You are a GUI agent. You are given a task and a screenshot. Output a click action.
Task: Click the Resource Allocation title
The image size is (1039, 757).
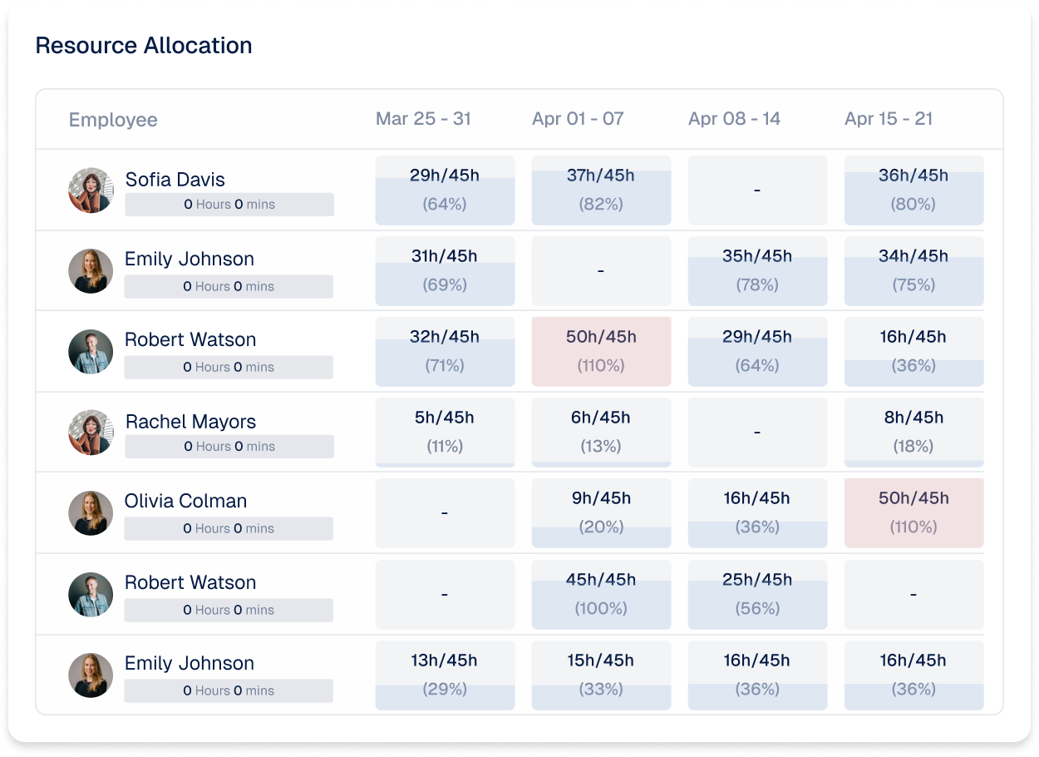point(144,46)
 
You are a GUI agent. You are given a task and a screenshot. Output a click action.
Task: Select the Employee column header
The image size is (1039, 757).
point(113,120)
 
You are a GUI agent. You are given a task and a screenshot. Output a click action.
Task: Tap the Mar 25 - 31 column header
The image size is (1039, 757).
point(423,119)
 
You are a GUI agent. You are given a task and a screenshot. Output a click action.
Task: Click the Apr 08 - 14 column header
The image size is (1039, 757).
point(734,119)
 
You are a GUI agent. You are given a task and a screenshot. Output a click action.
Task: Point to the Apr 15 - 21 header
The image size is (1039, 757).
point(888,119)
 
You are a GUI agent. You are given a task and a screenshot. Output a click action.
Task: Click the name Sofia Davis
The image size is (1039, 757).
point(175,180)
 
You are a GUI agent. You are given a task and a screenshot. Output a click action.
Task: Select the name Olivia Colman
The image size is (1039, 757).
point(185,501)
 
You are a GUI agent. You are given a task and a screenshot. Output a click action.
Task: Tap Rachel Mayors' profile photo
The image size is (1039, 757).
point(91,433)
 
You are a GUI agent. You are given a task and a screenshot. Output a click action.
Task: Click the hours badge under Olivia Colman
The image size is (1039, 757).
point(229,528)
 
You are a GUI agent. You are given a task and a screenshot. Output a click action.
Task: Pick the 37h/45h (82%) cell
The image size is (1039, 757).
point(601,190)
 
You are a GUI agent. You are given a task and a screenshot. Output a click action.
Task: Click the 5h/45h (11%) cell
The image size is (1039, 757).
point(445,433)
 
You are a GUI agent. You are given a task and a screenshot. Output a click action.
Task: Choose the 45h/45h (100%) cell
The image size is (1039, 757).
point(601,594)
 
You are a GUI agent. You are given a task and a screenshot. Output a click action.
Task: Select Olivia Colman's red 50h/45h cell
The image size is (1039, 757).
point(913,512)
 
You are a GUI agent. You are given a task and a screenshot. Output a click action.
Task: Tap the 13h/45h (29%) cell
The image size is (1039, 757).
point(445,675)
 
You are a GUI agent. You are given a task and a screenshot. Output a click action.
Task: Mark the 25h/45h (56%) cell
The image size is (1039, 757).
point(757,594)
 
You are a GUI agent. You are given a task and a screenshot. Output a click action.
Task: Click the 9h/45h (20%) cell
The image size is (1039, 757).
point(601,512)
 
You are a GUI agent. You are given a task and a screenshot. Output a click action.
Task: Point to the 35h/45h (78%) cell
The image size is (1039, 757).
point(757,270)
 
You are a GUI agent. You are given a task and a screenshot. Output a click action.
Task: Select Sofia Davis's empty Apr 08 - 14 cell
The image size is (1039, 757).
point(757,190)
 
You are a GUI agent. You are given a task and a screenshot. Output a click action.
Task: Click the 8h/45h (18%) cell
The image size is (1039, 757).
point(913,433)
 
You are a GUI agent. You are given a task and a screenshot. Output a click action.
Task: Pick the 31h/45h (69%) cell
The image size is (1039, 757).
point(445,270)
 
